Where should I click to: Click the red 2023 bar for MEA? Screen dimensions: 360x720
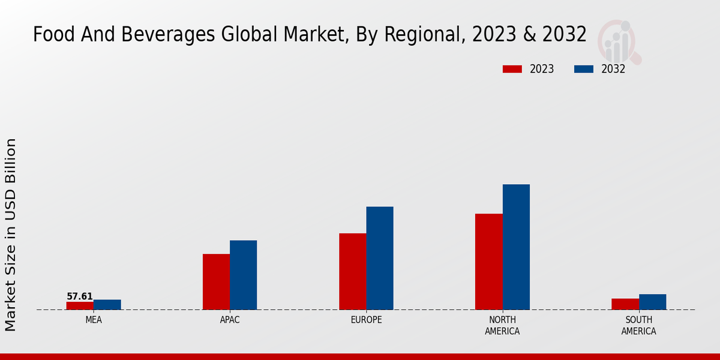click(x=80, y=305)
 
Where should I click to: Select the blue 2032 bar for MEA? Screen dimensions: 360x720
click(x=107, y=304)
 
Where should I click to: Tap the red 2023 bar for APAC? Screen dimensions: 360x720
click(x=216, y=281)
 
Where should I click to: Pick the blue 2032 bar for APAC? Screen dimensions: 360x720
click(x=243, y=275)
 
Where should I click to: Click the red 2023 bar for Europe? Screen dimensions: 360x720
click(x=352, y=271)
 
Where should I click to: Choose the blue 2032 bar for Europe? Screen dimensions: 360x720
click(x=380, y=258)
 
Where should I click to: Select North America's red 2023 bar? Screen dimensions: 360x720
click(x=488, y=262)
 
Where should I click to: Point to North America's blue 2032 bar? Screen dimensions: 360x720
click(x=516, y=247)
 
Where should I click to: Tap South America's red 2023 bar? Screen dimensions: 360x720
click(x=625, y=304)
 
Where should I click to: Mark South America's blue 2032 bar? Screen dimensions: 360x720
click(x=652, y=302)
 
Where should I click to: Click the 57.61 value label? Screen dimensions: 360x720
click(x=80, y=296)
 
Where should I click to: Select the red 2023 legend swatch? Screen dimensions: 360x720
click(x=512, y=69)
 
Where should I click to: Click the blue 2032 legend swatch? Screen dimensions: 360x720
click(x=583, y=69)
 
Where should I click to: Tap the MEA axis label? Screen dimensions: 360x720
click(x=94, y=320)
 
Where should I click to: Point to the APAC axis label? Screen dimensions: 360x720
click(x=230, y=320)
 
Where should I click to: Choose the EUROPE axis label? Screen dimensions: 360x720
click(x=366, y=320)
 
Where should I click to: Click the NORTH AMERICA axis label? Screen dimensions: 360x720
click(x=502, y=325)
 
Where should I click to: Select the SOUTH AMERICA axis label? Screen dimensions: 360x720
click(x=638, y=325)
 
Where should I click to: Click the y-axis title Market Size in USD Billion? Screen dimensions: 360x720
click(x=11, y=234)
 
